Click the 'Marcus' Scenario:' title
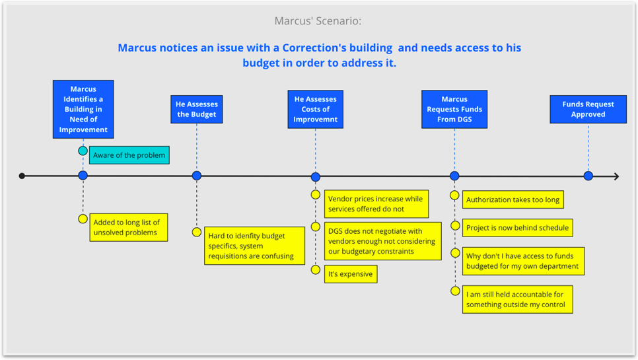click(x=318, y=21)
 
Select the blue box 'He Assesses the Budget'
click(x=196, y=109)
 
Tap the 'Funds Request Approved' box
click(x=588, y=109)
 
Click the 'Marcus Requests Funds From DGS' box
click(x=454, y=109)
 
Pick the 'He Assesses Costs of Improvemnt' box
click(x=315, y=109)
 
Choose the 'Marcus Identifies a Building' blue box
click(x=83, y=109)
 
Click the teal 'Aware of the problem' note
click(x=129, y=155)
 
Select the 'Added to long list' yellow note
click(x=128, y=227)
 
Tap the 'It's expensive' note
click(x=351, y=274)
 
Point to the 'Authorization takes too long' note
click(x=513, y=199)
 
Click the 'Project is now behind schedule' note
click(x=516, y=228)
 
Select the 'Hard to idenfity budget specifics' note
click(x=254, y=245)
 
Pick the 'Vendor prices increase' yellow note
click(x=376, y=203)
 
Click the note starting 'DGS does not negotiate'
click(x=383, y=241)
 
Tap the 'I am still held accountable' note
click(x=516, y=299)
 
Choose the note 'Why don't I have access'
click(x=522, y=261)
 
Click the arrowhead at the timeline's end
click(x=616, y=176)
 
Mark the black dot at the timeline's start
click(x=22, y=176)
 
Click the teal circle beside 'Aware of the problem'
click(x=83, y=151)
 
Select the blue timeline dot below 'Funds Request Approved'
click(x=588, y=176)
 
